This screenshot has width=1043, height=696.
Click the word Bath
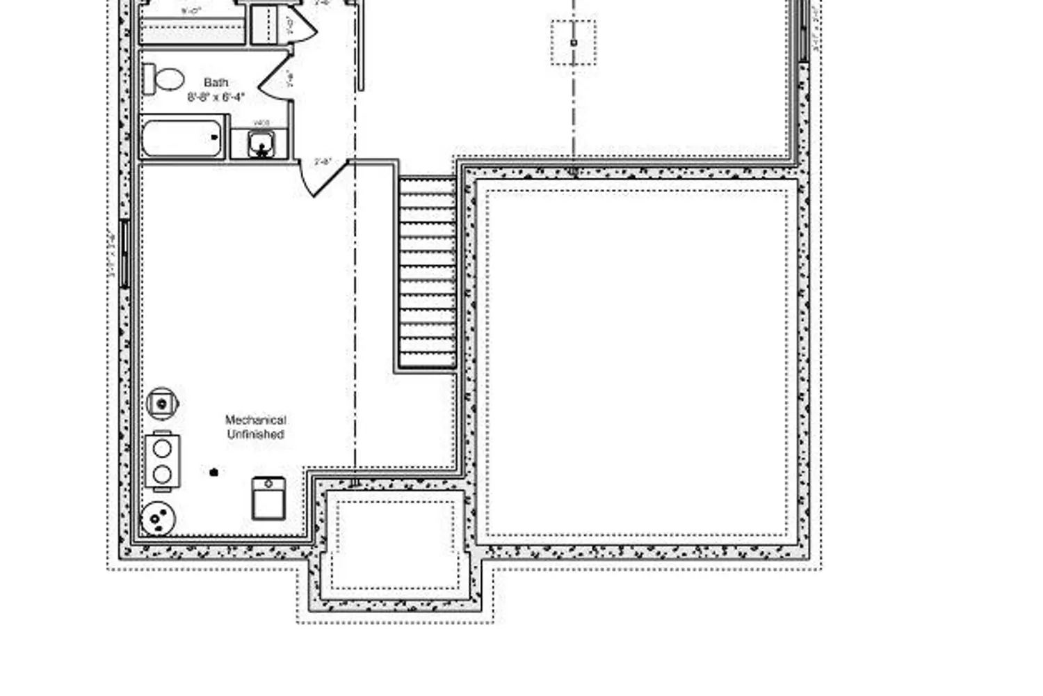click(x=216, y=82)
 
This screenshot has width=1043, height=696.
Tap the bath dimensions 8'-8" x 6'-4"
click(x=216, y=97)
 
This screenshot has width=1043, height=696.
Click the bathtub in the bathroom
click(x=182, y=138)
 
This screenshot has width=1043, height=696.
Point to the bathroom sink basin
click(x=261, y=145)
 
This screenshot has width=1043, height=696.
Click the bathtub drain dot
click(x=214, y=137)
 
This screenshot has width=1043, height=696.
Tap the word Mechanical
click(x=255, y=420)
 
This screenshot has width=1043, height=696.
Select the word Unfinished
click(x=255, y=434)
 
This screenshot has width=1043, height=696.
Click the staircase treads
click(x=427, y=271)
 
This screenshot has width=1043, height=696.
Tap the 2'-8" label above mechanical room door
click(x=323, y=161)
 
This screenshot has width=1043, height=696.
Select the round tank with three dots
click(x=158, y=519)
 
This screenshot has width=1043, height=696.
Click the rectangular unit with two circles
click(x=163, y=461)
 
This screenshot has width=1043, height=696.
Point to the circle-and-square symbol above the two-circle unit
click(x=162, y=403)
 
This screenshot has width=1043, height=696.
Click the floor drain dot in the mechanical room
click(x=214, y=473)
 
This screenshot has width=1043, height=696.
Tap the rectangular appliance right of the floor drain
click(x=268, y=498)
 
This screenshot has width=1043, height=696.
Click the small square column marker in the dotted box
click(x=574, y=42)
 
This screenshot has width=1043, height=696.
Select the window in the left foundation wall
click(x=125, y=253)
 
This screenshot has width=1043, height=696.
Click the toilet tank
click(x=147, y=79)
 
